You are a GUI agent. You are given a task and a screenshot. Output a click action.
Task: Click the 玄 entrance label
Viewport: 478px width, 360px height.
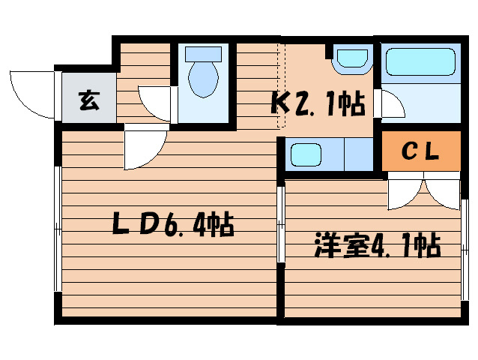point(88,98)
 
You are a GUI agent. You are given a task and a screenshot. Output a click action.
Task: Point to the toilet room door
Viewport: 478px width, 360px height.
point(156,103)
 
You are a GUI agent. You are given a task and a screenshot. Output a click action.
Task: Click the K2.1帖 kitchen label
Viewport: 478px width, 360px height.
point(318,103)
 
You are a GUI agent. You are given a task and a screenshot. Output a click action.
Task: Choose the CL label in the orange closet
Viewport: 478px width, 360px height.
point(420,151)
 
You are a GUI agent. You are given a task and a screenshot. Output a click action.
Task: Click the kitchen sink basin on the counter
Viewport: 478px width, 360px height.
point(306,156)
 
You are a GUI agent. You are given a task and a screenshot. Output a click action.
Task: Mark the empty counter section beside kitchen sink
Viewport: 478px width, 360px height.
point(357,155)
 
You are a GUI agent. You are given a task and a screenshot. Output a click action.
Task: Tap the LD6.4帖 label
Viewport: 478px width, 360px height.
point(172,223)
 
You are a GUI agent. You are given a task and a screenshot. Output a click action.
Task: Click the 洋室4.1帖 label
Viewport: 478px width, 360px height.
point(376,245)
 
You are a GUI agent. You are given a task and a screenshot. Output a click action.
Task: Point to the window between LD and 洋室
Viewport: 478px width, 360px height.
point(281,225)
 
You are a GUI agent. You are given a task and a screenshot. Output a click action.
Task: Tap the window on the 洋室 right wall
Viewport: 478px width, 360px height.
point(464,247)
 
